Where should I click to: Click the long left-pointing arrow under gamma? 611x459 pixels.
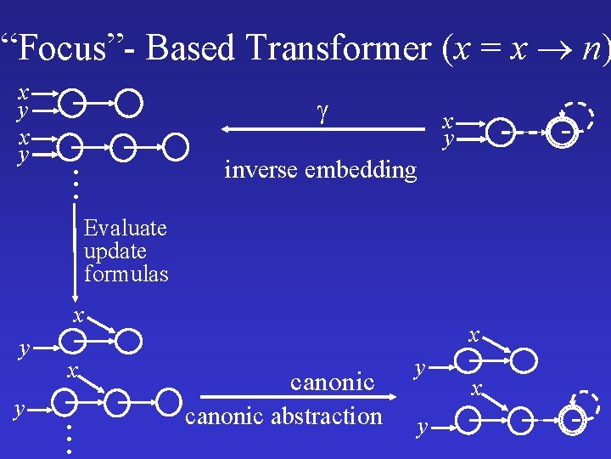tap(322, 129)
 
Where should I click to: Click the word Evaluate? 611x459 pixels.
tap(126, 228)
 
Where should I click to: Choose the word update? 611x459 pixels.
tap(115, 251)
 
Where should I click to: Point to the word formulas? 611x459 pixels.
tap(126, 274)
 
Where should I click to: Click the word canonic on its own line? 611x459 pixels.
tap(332, 382)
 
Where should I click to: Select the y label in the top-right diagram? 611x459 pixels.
tap(450, 137)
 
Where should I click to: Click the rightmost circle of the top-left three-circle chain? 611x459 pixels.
tap(176, 146)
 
